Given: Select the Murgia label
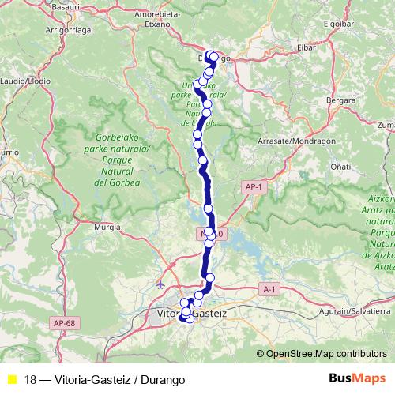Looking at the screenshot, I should click(107, 226).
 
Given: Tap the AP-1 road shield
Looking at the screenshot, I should click(253, 187).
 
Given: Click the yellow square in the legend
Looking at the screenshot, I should click(11, 379).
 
